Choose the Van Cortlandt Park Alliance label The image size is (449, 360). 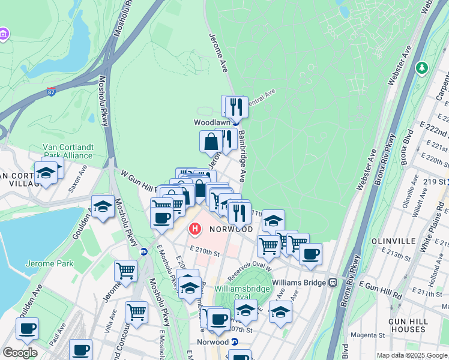click(67, 151)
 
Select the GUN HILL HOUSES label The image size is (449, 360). click(408, 326)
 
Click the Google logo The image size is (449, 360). click(19, 352)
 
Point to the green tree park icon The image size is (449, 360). click(423, 68)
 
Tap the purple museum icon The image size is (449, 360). click(4, 34)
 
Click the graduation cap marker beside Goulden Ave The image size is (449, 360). click(103, 206)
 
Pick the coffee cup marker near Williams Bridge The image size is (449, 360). click(310, 254)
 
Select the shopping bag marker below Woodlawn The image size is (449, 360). click(211, 142)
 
